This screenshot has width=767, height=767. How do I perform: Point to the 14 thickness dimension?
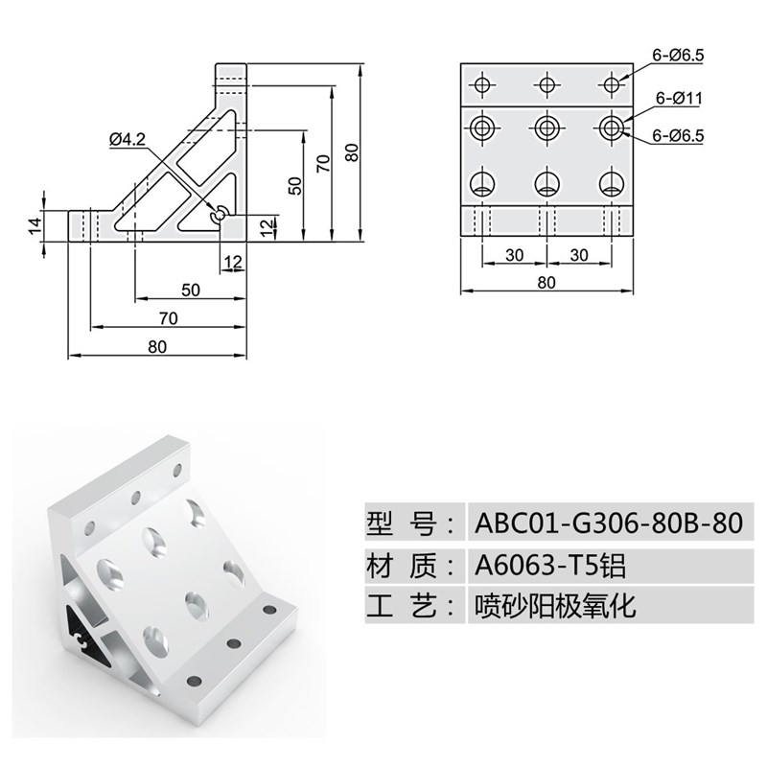click(x=35, y=225)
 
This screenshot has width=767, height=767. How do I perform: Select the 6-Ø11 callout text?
click(x=681, y=98)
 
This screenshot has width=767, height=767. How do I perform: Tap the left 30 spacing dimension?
click(x=514, y=255)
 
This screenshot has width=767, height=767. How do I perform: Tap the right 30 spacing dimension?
click(x=579, y=255)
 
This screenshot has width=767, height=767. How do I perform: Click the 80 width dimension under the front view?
click(x=546, y=283)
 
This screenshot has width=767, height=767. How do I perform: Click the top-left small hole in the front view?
click(x=481, y=84)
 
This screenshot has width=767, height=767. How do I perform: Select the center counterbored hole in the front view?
click(x=546, y=127)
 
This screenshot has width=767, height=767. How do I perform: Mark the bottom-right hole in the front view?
click(x=611, y=181)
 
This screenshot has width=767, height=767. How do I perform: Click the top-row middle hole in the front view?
click(x=546, y=84)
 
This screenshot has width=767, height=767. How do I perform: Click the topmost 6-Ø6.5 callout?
click(x=678, y=57)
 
